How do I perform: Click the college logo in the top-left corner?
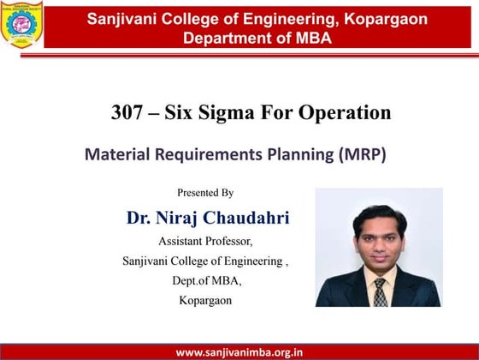click(22, 24)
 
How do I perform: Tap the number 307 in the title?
click(127, 112)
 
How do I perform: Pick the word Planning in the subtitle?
click(294, 155)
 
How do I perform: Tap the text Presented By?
click(205, 193)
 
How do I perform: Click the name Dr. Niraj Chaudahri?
click(208, 218)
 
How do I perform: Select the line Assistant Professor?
click(205, 241)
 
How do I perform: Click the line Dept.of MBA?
click(206, 280)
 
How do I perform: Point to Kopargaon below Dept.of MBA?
click(205, 300)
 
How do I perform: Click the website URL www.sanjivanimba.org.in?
click(239, 351)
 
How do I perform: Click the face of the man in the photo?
click(377, 234)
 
